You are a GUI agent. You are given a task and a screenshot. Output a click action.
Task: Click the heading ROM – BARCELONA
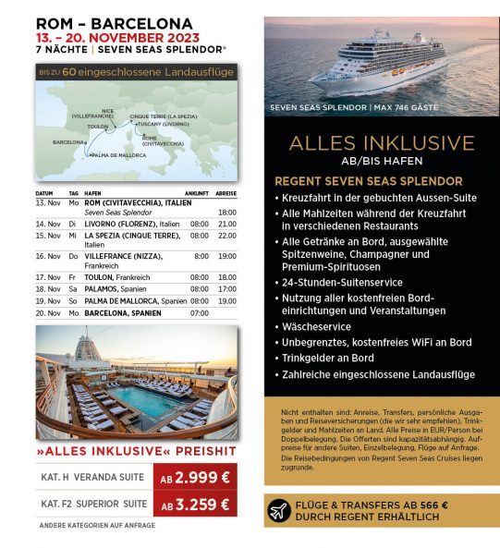pos(114,23)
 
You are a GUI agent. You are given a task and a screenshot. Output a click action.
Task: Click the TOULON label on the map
pos(97,126)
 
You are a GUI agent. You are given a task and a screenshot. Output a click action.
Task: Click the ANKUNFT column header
pos(197,193)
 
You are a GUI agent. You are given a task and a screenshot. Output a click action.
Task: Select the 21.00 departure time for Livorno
pos(226,224)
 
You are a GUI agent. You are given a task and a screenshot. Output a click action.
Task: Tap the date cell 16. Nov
pos(47,255)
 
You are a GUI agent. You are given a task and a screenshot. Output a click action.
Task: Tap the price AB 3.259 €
pos(195,505)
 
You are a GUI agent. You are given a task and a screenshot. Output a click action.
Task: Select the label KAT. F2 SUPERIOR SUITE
pos(94,505)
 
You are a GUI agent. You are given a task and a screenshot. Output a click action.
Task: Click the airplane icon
pos(279,510)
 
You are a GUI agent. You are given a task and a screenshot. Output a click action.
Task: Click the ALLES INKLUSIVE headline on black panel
pos(381,143)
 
